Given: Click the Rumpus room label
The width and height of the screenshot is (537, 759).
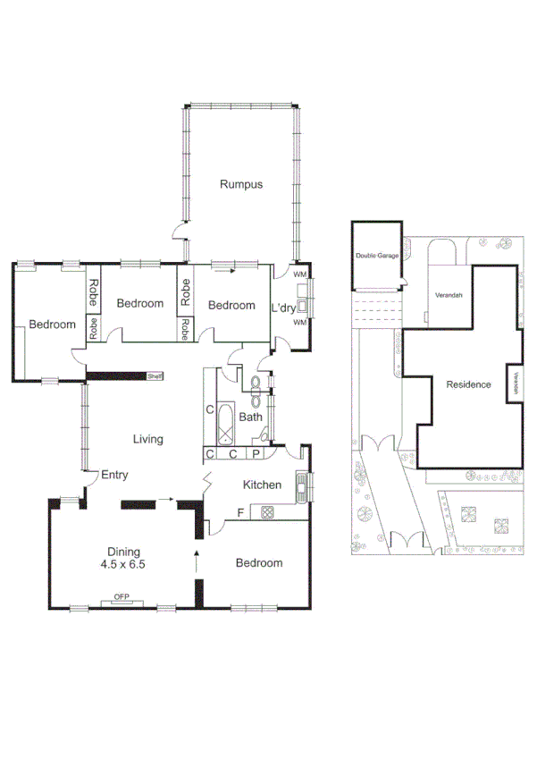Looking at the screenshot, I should coord(241,185).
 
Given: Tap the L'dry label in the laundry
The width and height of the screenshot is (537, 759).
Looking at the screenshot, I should coord(283,308).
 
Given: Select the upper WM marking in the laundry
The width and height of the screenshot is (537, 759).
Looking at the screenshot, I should coord(299,274).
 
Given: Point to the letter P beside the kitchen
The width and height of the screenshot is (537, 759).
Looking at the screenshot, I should coord(256,454).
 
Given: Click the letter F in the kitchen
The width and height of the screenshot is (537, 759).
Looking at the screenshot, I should coord(240,512).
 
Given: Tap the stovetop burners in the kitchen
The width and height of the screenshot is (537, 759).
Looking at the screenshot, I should coord(265,511).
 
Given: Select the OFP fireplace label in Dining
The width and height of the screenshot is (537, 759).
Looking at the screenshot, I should coord(121,597).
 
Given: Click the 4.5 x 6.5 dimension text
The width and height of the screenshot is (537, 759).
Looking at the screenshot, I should coord(123,565).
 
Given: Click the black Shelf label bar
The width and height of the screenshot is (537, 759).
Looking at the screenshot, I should coord(155,376).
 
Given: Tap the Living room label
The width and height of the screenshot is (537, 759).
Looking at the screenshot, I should coord(147,439).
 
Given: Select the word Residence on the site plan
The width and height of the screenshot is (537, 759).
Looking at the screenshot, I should coord(468,384).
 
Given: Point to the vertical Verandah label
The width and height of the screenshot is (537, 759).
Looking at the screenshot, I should coord(516,383).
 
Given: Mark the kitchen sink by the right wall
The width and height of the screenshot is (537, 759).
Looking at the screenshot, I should coord(301,487).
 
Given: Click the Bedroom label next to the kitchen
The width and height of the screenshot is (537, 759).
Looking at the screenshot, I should coord(258,563).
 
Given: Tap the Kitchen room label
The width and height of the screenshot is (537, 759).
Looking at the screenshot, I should coord(263,485).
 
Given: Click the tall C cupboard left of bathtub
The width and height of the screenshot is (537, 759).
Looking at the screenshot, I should coord(210,410).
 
